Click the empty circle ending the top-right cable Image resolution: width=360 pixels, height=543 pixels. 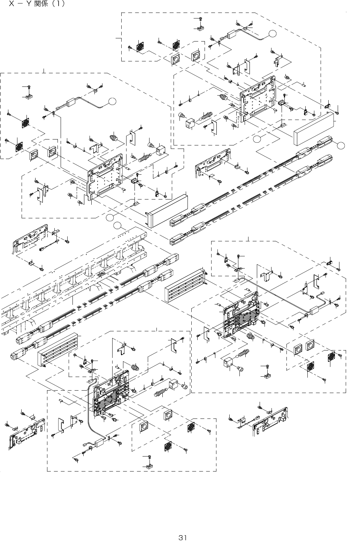[x=273, y=33]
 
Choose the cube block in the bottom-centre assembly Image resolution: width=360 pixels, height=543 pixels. [x=174, y=385]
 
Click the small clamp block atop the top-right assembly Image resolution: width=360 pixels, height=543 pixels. [x=201, y=28]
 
